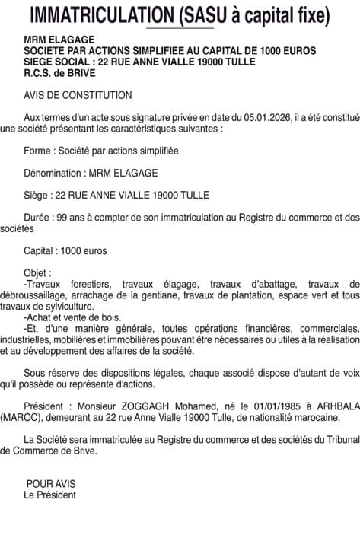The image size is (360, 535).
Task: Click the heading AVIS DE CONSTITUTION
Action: pyautogui.click(x=78, y=95)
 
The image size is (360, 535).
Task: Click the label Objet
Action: pyautogui.click(x=38, y=272)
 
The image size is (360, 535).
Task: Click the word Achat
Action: pyautogui.click(x=41, y=317)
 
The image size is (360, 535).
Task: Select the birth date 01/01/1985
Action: pyautogui.click(x=267, y=406)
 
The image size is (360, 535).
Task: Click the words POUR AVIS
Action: pyautogui.click(x=51, y=484)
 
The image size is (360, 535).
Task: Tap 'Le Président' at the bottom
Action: pyautogui.click(x=50, y=495)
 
